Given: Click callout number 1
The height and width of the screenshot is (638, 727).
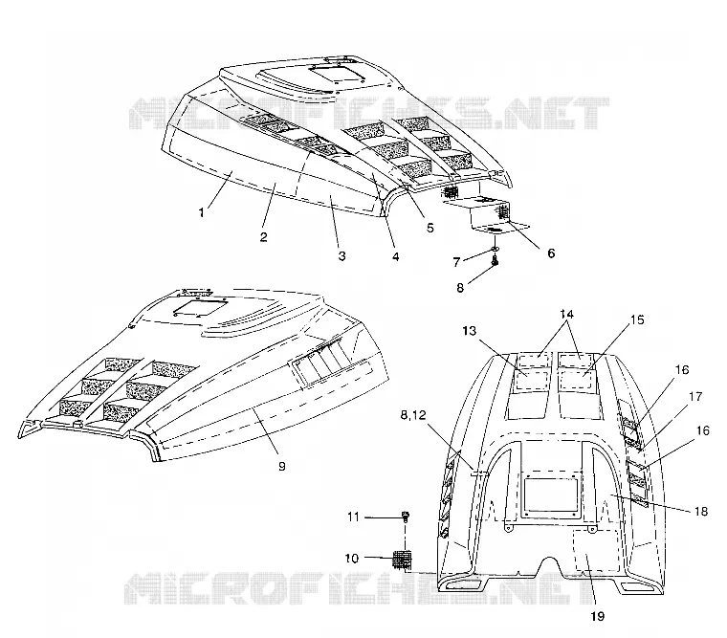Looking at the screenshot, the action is (x=201, y=212).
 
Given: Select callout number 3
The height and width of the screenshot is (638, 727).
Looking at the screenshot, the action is (x=341, y=256).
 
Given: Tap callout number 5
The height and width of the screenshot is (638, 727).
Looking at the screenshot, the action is (x=430, y=228).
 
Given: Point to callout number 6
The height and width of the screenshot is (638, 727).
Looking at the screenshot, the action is (x=551, y=253).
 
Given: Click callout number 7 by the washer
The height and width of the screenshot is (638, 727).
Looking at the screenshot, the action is (x=456, y=262).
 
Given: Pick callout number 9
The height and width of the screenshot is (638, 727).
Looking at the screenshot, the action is (x=282, y=466).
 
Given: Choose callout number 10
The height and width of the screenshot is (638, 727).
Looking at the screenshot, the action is (x=352, y=559).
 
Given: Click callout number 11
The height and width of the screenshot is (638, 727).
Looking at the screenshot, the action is (x=353, y=517).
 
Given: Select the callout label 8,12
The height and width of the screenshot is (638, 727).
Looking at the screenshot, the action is (x=412, y=415).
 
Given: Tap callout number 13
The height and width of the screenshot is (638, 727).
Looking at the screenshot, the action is (x=470, y=331).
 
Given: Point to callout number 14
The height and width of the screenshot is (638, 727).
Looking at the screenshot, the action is (x=566, y=314).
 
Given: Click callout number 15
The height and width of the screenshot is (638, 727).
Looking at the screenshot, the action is (x=637, y=319).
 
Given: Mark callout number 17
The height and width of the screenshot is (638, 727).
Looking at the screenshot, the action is (x=695, y=396).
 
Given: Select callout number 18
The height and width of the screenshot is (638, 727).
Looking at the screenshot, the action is (x=701, y=511).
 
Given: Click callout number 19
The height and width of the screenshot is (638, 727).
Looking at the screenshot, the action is (x=598, y=616).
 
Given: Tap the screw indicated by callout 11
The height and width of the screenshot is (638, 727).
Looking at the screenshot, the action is (x=406, y=517).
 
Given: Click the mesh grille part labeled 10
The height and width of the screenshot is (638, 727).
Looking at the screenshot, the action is (x=403, y=560).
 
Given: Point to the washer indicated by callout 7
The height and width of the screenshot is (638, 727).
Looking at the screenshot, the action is (x=496, y=250).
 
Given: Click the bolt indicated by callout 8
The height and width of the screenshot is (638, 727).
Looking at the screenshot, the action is (x=495, y=262).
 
